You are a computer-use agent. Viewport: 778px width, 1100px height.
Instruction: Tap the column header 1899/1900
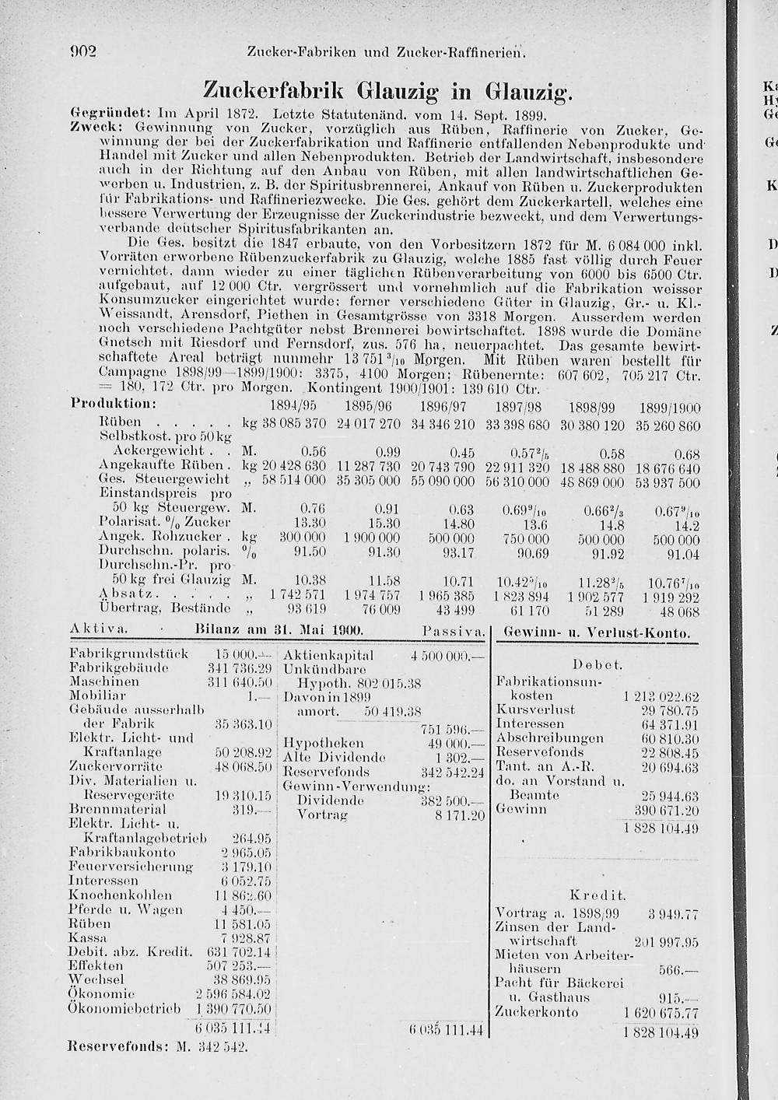coord(669,407)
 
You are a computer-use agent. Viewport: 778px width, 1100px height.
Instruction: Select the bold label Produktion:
coord(114,405)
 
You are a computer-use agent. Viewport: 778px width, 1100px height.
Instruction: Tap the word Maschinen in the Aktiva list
coord(103,681)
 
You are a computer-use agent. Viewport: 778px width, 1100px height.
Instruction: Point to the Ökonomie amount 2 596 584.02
coord(233,993)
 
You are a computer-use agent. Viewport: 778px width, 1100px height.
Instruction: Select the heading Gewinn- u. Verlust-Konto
coord(597,633)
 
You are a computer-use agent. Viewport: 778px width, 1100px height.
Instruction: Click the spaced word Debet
coord(597,665)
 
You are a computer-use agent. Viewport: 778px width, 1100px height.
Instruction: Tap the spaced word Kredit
coord(597,895)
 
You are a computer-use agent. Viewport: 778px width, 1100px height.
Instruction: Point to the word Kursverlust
coord(534,709)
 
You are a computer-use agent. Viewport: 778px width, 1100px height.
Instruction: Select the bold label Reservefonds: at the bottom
coord(117,1047)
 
